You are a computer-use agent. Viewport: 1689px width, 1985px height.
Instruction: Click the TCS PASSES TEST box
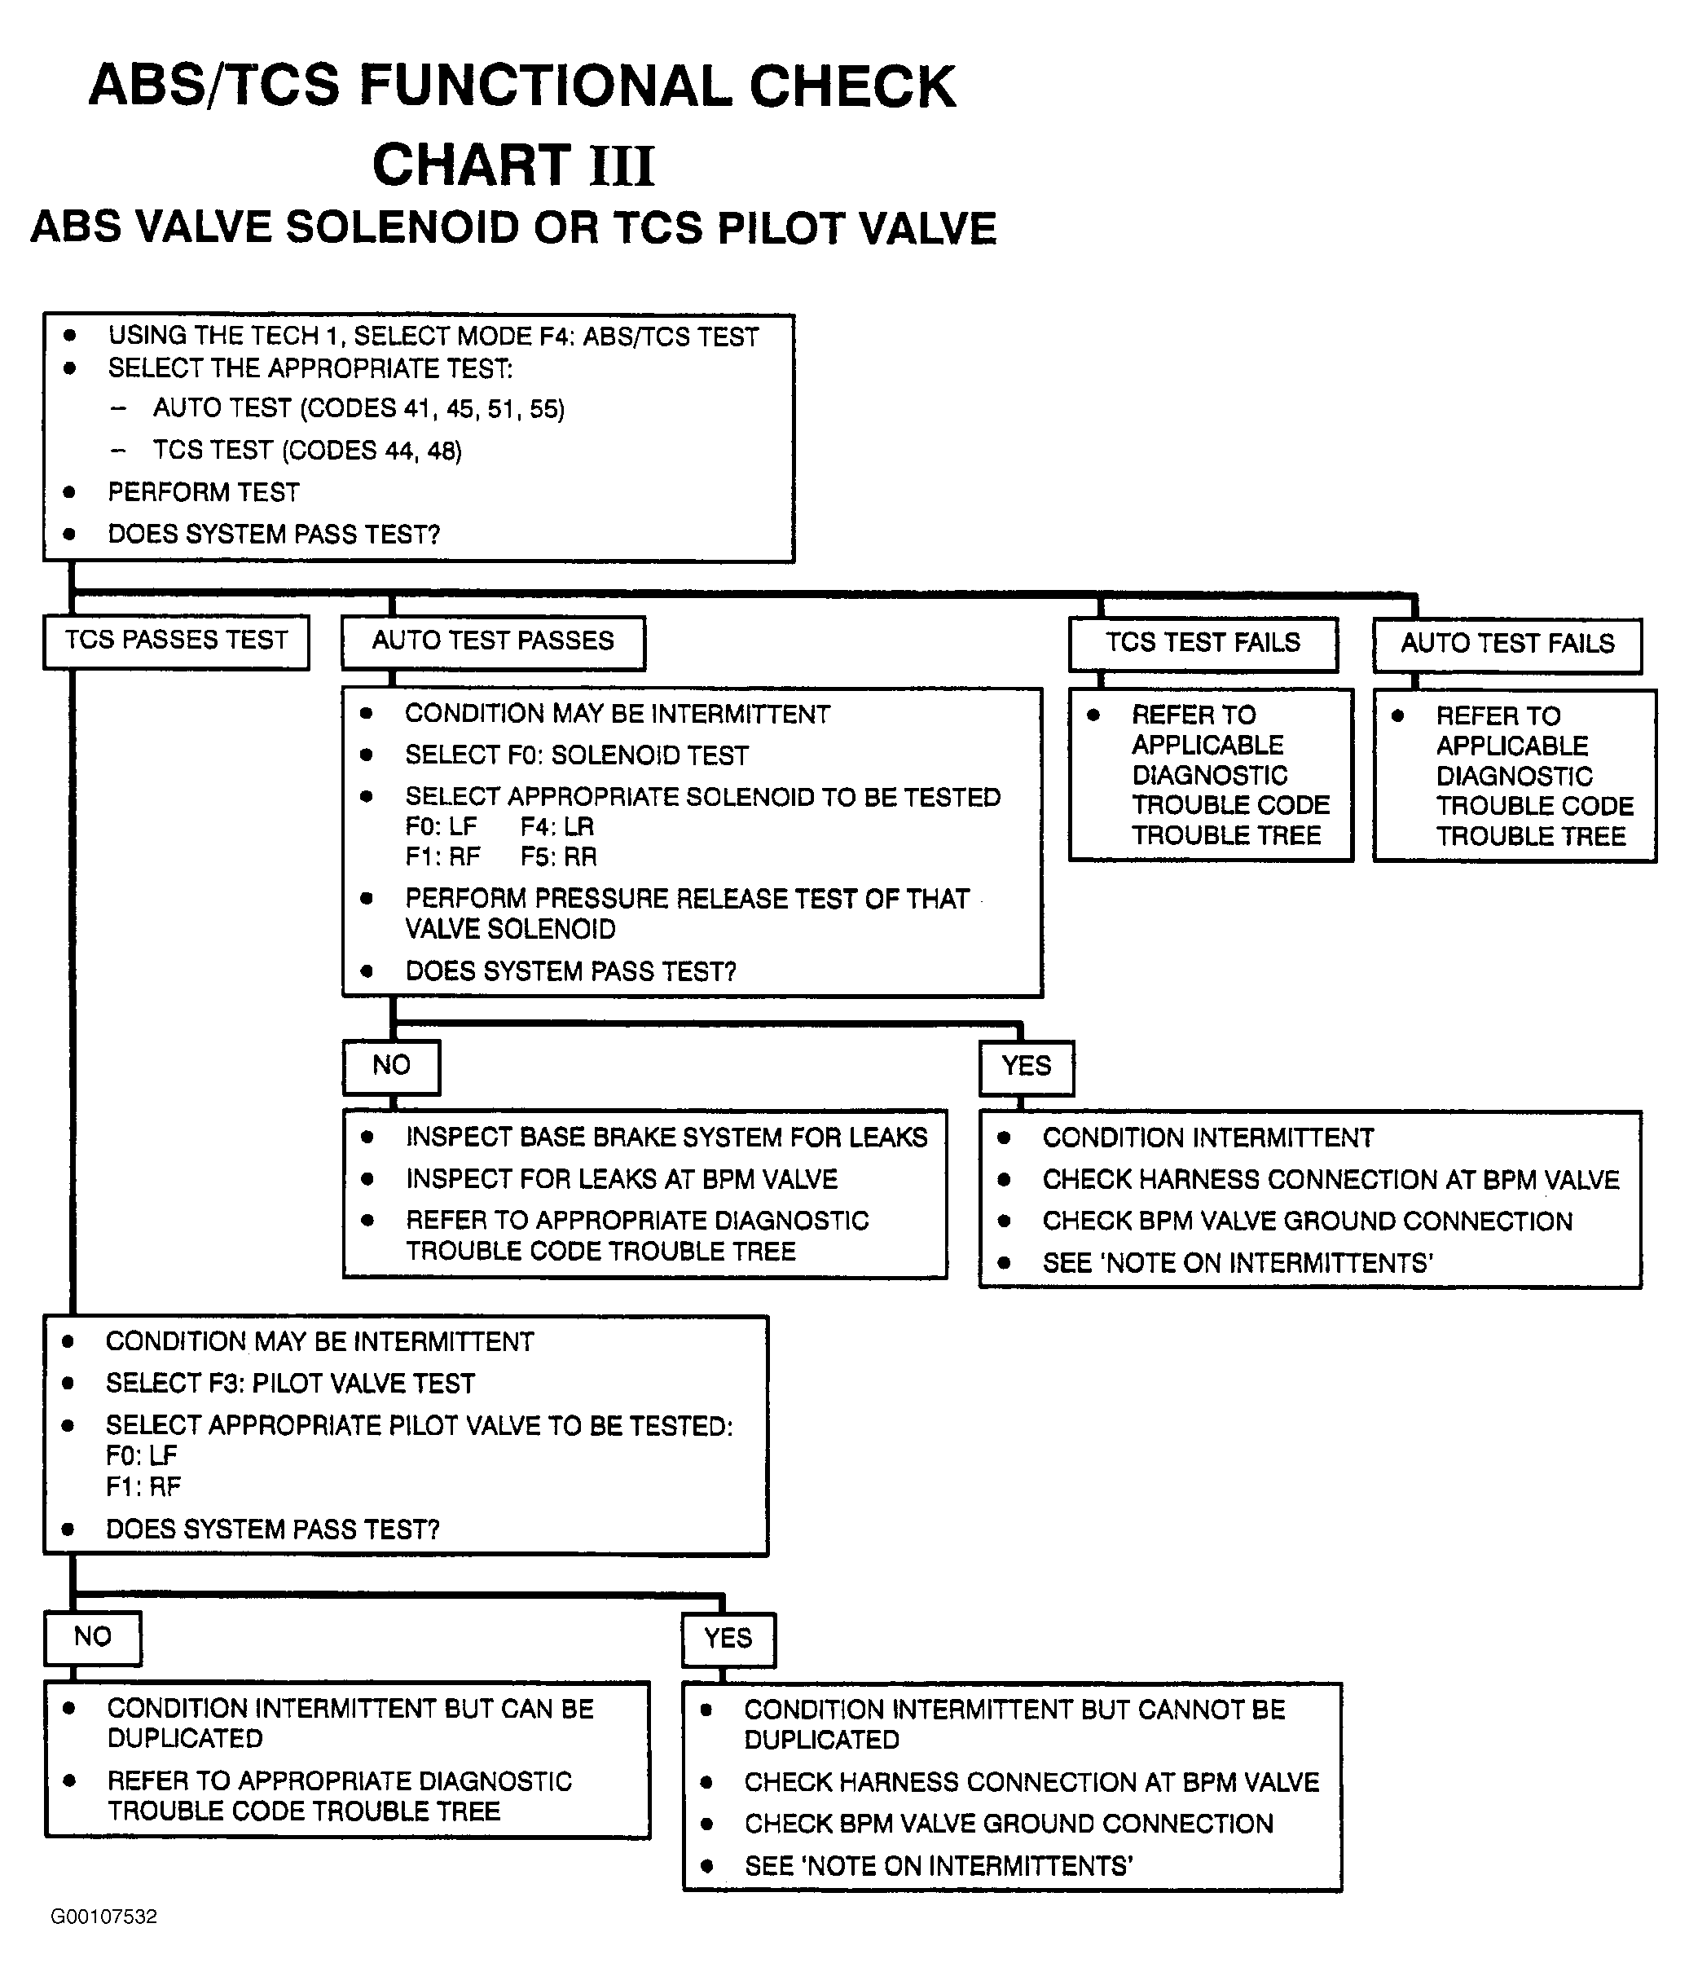176,640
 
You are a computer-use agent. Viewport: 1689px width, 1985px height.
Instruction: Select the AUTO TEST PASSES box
493,641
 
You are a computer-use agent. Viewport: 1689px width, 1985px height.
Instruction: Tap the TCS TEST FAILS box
1203,644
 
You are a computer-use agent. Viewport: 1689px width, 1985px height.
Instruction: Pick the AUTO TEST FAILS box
1507,645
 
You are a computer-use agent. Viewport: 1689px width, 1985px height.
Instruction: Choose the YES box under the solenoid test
1027,1067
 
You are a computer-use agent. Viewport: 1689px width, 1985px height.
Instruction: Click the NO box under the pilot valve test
93,1637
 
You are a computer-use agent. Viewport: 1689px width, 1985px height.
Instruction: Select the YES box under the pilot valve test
728,1639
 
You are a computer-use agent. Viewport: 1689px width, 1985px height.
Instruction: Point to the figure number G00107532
103,1917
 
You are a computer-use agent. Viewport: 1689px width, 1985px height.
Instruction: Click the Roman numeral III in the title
622,165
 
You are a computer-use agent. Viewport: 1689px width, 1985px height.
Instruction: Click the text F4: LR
557,827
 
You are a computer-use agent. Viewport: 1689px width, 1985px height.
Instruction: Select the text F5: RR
558,857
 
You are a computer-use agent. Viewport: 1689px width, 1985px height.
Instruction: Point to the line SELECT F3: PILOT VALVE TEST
290,1384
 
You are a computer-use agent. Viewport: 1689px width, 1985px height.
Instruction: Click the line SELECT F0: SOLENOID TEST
576,755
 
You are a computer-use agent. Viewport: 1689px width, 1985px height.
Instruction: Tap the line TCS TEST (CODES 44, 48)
307,451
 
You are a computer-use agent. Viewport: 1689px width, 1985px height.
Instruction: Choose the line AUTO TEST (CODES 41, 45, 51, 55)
359,409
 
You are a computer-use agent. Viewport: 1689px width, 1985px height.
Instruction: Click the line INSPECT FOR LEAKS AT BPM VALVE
622,1180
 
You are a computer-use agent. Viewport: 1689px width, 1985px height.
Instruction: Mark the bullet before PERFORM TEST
69,492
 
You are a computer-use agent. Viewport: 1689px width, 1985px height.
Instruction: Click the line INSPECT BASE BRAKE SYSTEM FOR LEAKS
666,1138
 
